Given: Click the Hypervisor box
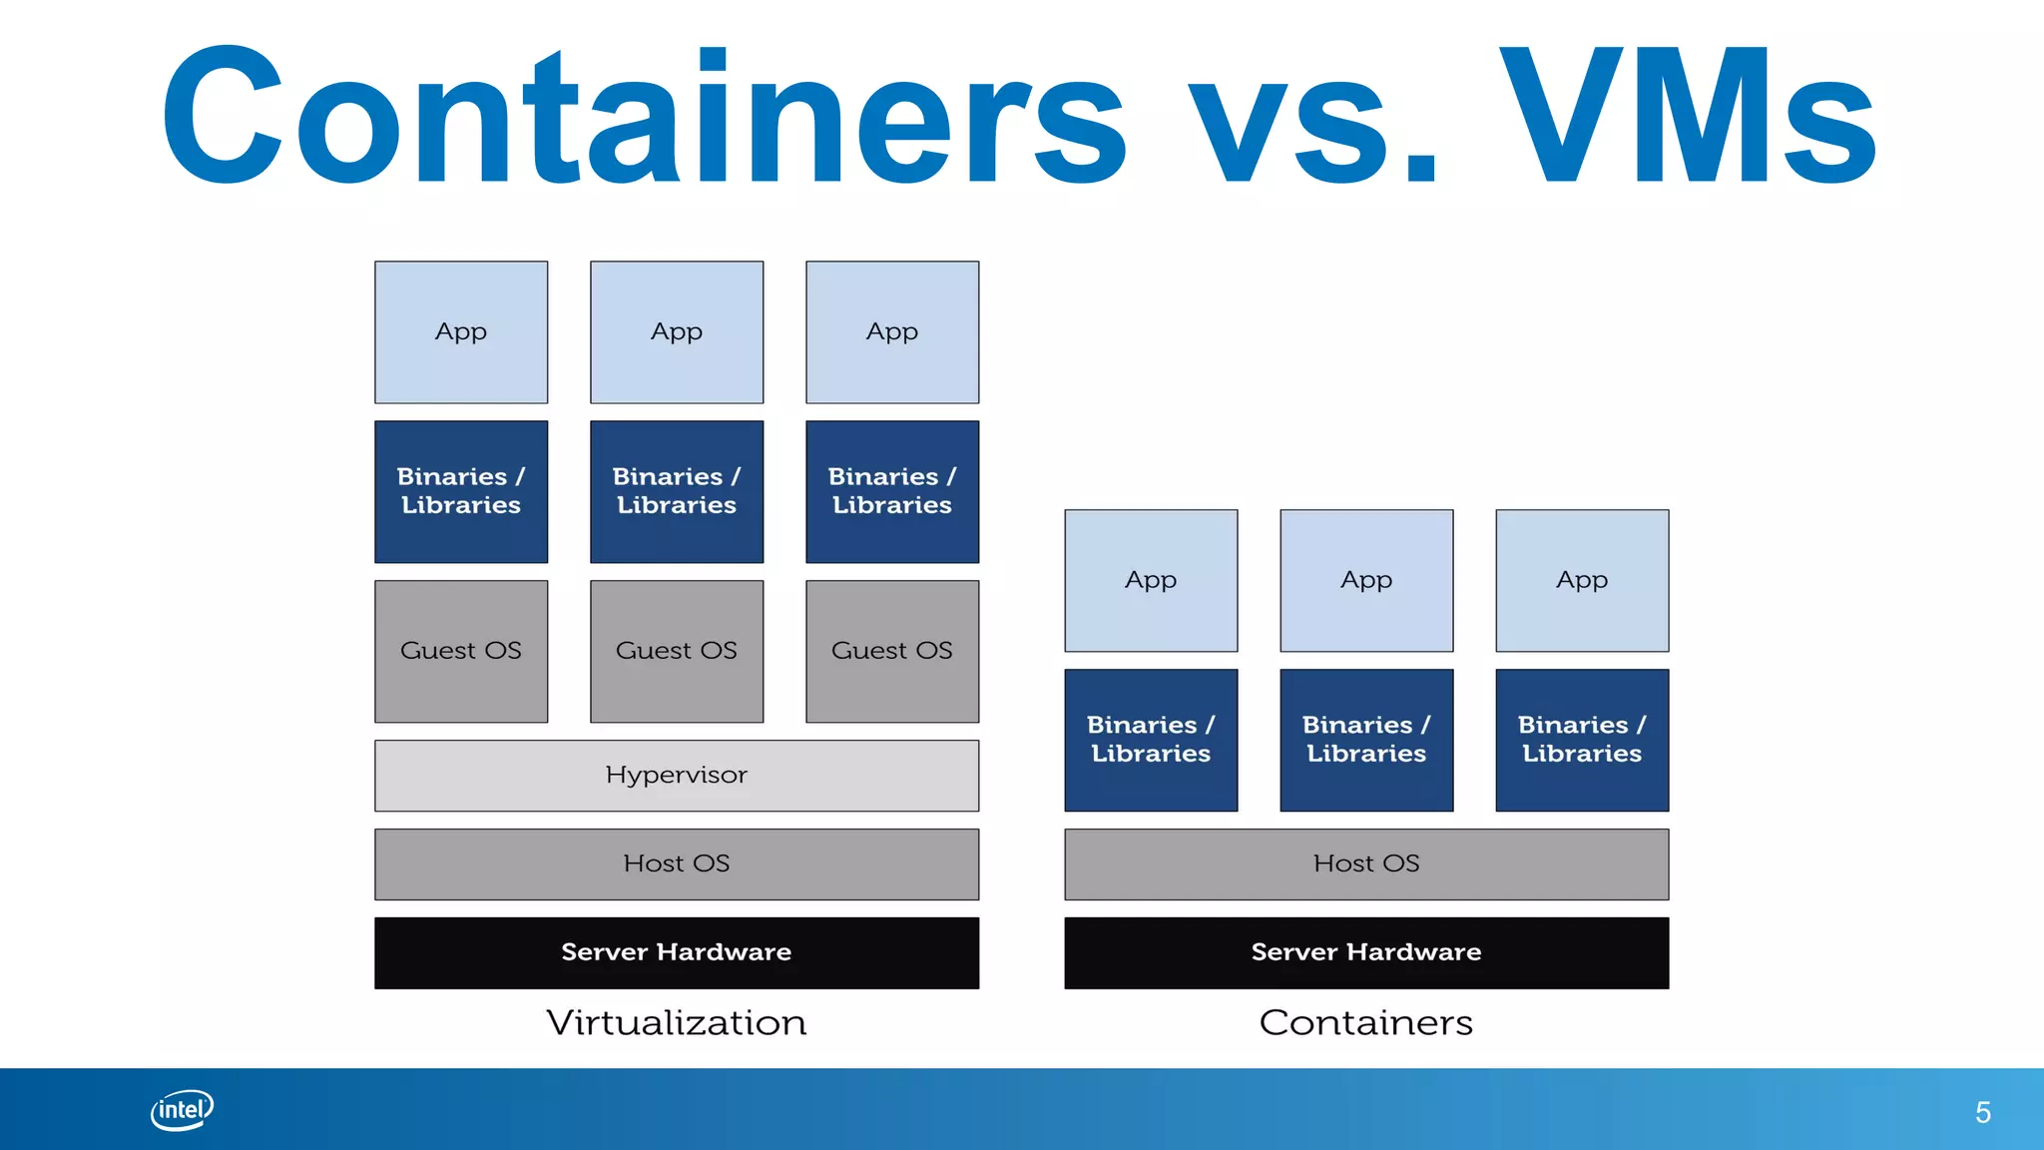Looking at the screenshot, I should coord(677,776).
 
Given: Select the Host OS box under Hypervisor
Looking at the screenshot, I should coord(677,864).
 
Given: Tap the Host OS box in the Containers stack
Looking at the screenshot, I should coord(1366,864).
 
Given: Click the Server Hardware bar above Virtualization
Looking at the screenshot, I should coord(677,952).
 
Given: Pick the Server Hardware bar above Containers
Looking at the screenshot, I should coord(1366,952).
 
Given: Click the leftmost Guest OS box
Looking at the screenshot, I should coord(461,651).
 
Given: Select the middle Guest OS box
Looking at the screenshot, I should coord(677,651).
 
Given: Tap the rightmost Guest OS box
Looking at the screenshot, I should coord(892,651).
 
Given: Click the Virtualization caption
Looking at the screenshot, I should coord(677,1023).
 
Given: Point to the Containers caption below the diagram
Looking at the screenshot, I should coord(1366,1023).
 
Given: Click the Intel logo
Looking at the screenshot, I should coord(182,1110).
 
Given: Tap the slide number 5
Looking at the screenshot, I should coord(1982,1112).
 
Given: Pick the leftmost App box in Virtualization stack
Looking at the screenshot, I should coord(461,332).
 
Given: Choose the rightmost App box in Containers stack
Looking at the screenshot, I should coord(1582,581).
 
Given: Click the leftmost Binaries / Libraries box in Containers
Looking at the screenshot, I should coord(1151,740).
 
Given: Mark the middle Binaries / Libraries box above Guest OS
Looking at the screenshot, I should coord(677,491).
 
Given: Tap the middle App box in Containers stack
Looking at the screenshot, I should coord(1366,581).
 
